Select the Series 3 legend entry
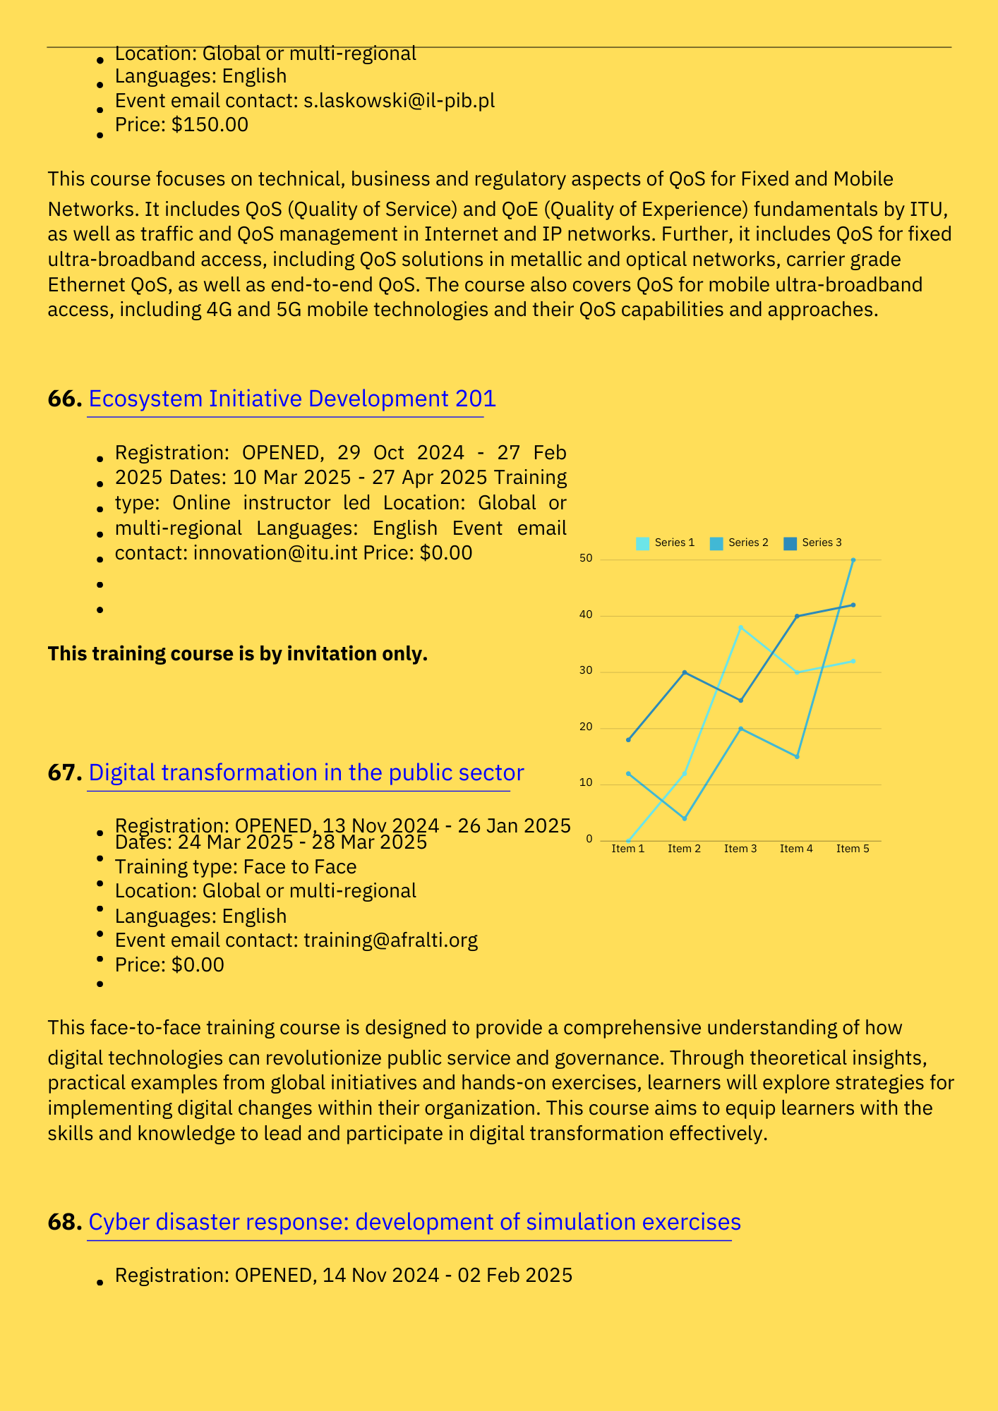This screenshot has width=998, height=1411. [813, 543]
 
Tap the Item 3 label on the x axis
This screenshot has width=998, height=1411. [740, 849]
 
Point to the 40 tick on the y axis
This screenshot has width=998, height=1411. [586, 615]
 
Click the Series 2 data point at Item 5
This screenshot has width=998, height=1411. [853, 560]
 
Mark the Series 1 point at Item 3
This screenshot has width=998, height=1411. [740, 627]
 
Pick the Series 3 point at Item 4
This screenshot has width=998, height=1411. [797, 616]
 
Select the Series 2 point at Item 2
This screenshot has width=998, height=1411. [685, 818]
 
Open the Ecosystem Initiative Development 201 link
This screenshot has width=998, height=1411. [292, 399]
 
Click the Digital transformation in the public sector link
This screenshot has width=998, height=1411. [306, 773]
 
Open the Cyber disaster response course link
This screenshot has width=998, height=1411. [414, 1222]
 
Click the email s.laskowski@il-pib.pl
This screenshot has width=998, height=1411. [399, 101]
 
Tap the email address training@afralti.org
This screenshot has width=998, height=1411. [390, 940]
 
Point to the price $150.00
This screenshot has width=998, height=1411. [210, 125]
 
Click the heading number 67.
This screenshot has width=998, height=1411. [65, 773]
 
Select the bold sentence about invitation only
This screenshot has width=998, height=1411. [237, 654]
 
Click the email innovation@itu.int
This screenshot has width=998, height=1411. [275, 553]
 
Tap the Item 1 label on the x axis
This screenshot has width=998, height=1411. [628, 849]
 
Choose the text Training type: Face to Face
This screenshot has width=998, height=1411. [236, 867]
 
